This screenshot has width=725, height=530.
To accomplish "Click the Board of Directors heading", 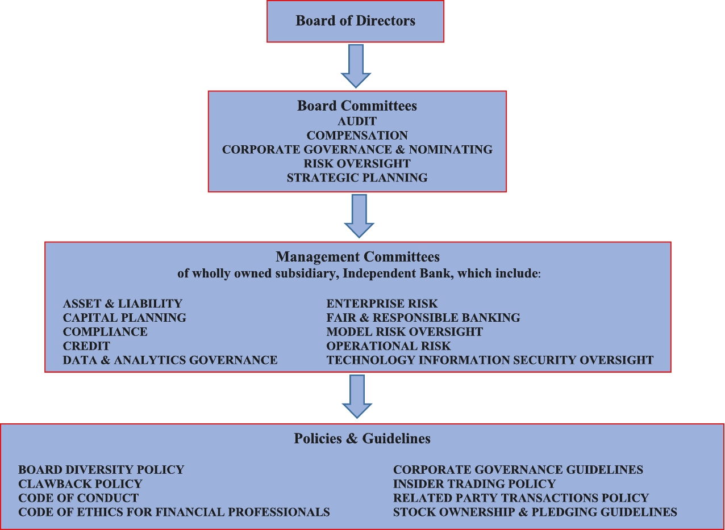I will click(x=355, y=22).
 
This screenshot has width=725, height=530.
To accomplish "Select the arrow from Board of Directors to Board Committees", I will click(x=356, y=65).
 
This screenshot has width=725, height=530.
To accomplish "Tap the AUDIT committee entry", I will click(x=357, y=121).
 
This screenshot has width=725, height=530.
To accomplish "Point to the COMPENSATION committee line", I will click(x=357, y=136).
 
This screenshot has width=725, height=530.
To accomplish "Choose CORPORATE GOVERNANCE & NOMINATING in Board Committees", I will click(x=357, y=150).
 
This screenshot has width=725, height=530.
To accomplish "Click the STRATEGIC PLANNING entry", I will click(x=357, y=178).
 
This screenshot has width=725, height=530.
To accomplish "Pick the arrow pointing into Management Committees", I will click(x=359, y=215).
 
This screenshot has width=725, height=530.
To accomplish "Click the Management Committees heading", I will click(x=357, y=257).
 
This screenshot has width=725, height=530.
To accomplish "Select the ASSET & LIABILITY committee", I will click(x=123, y=304).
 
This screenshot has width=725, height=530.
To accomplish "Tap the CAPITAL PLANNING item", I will click(x=124, y=318).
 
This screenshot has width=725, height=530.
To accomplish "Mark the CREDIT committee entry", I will click(x=86, y=346).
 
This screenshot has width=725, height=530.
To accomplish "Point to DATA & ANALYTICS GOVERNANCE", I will click(x=170, y=360).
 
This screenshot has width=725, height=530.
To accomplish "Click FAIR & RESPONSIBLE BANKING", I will click(x=423, y=318).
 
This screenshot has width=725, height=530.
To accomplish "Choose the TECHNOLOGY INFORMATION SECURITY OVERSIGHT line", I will click(x=490, y=360).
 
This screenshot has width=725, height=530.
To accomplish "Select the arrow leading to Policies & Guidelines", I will click(x=357, y=396).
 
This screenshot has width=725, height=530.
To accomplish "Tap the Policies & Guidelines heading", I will click(x=362, y=439).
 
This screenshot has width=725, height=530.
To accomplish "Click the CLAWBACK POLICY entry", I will click(x=80, y=484).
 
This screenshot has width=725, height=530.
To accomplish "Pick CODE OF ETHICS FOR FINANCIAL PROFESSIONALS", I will click(x=174, y=512).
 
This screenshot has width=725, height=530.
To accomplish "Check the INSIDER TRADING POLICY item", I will click(x=474, y=484).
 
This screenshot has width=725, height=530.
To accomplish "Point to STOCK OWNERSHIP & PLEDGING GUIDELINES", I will click(x=535, y=512).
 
